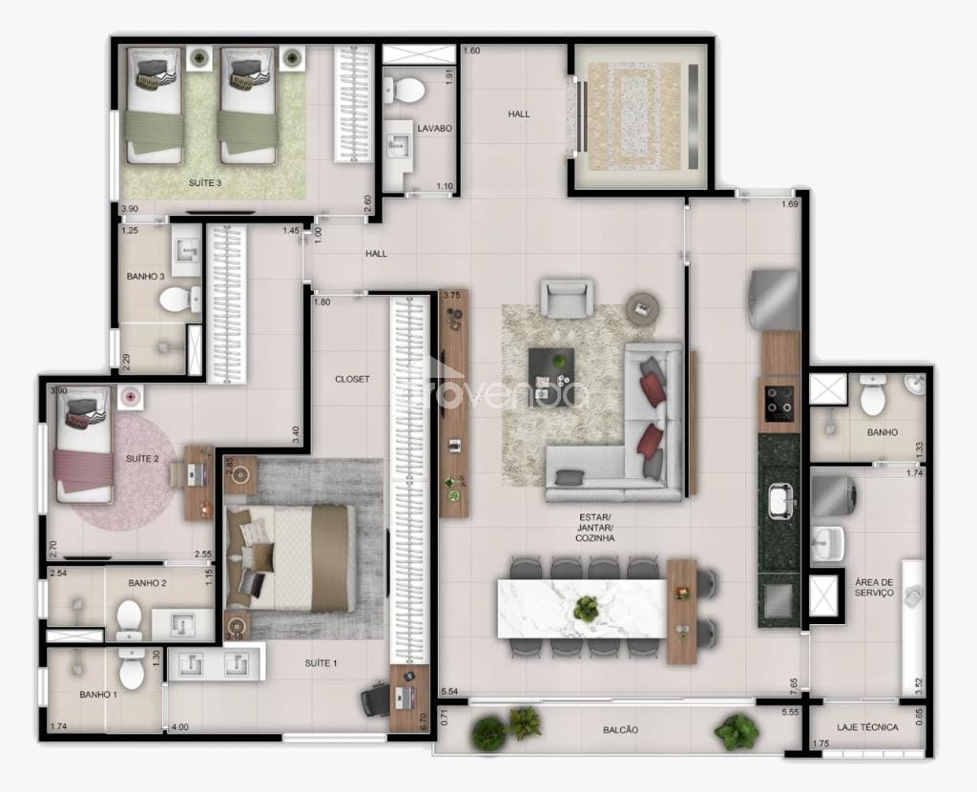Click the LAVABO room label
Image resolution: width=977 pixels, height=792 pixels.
point(434,127)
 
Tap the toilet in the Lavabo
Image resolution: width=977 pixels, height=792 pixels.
point(407,92)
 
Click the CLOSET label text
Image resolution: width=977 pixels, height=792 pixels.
point(352,379)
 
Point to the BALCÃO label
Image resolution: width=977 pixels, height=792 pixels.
point(620,730)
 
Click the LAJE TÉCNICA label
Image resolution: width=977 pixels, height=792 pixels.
point(867,727)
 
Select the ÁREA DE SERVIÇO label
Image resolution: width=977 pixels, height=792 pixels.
point(874,587)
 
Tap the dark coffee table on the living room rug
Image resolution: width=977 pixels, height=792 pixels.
point(552,365)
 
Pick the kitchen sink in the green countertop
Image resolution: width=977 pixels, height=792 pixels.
point(781,499)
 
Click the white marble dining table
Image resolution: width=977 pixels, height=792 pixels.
point(581,608)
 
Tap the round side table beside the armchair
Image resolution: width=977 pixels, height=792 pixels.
point(642,306)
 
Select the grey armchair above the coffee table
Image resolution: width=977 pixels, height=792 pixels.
point(570,298)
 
